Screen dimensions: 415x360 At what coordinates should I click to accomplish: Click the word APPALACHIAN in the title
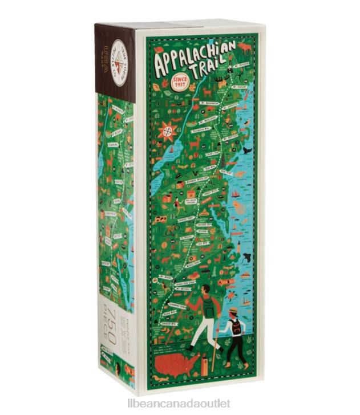pos(192,55)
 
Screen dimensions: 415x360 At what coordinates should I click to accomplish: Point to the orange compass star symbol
pos(168,131)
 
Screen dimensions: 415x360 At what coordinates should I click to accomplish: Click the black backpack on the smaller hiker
pos(236,327)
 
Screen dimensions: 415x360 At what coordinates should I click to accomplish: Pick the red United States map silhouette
pos(181,365)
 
